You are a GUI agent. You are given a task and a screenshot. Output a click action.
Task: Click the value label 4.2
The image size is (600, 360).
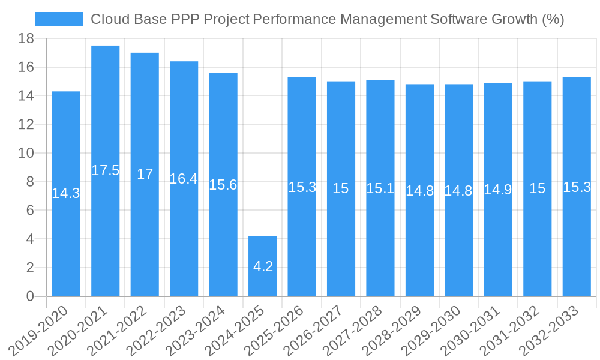pyautogui.click(x=263, y=266)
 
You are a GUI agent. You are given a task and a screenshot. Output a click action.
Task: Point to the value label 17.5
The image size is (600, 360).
pyautogui.click(x=106, y=170)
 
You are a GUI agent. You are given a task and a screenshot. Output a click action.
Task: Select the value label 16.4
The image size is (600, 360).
pyautogui.click(x=184, y=179)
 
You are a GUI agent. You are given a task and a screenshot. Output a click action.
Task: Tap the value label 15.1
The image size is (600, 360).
pyautogui.click(x=380, y=188)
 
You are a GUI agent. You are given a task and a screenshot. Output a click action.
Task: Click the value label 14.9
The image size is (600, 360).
pyautogui.click(x=498, y=190)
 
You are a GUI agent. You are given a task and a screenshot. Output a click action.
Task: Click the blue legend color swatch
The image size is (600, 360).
pyautogui.click(x=59, y=19)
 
